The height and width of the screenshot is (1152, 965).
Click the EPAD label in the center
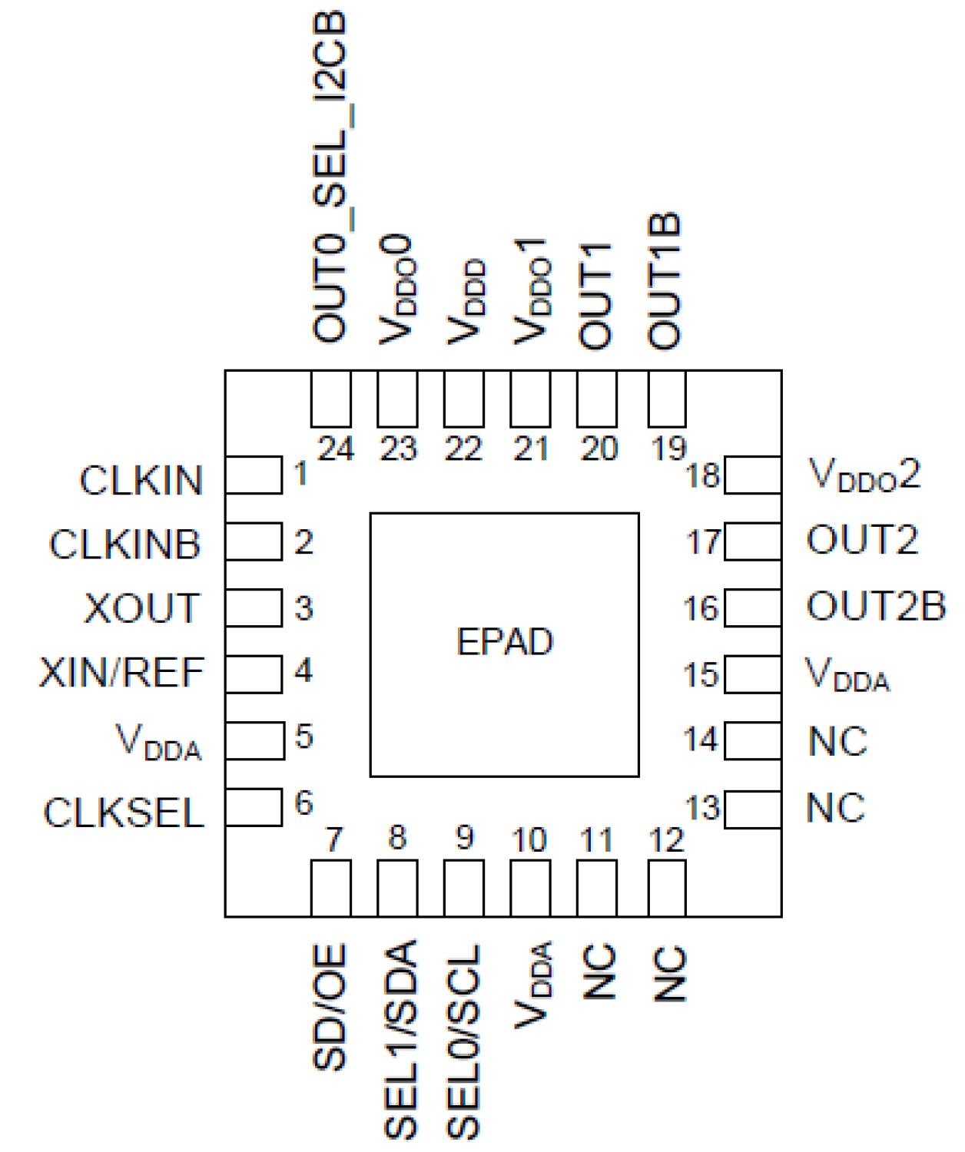coord(505,642)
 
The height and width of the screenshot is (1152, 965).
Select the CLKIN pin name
coord(141,481)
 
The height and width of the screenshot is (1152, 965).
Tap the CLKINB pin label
coord(125,545)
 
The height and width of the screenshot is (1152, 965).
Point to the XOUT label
coord(142,608)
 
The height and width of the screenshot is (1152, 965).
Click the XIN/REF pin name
coord(122,673)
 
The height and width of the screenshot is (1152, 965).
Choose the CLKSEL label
coord(124,813)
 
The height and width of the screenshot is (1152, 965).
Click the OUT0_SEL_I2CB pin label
coord(330,177)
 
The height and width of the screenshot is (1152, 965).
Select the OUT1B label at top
coord(665,281)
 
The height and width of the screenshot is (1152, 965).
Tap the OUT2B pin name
coord(876,607)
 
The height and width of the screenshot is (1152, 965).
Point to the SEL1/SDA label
coord(400,1038)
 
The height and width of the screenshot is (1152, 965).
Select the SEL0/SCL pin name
coord(464,1041)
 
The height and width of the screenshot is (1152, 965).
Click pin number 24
coord(336,449)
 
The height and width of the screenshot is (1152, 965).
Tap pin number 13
coord(702,808)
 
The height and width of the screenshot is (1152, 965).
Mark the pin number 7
coord(333,839)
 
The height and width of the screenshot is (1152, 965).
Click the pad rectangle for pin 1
coord(254,475)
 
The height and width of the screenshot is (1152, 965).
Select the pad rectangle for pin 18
coord(753,475)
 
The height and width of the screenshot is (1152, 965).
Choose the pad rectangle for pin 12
coord(667,888)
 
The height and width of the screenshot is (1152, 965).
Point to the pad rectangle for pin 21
coord(530,399)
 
